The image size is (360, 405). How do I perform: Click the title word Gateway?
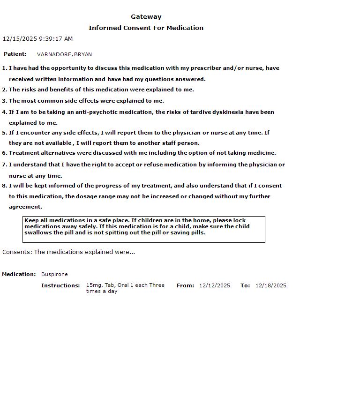point(146,17)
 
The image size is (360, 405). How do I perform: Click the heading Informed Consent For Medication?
point(146,28)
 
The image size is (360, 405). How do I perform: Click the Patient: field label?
point(15,54)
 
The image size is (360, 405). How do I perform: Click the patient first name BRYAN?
point(83,54)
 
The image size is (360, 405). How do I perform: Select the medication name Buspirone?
point(54,274)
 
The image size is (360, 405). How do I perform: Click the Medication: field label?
point(19,274)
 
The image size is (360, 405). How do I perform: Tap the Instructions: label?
point(60,285)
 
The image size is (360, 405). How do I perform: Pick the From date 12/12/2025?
point(215,285)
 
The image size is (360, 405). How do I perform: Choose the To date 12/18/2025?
point(270,285)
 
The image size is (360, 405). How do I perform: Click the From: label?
point(185,285)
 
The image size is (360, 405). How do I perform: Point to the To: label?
point(245,285)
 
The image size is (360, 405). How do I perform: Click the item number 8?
point(4,186)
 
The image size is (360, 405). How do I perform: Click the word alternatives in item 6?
point(57,153)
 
